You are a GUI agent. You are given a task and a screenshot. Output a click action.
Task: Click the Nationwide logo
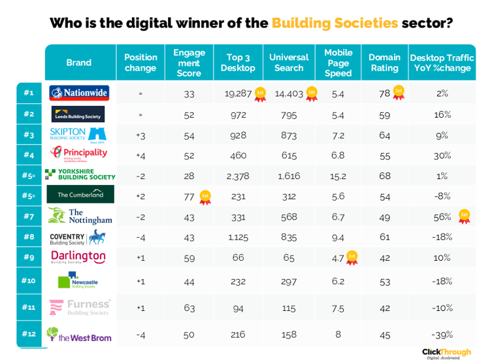[x=79, y=93]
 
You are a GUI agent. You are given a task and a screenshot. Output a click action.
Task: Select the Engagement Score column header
[x=189, y=63]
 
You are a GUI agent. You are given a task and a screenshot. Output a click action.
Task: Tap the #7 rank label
[x=29, y=216]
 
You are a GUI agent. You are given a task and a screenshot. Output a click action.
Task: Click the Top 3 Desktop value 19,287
[x=238, y=93]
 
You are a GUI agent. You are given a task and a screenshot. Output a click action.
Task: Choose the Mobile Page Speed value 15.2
[x=338, y=176]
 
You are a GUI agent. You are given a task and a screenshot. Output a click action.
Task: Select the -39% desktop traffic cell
[x=442, y=335]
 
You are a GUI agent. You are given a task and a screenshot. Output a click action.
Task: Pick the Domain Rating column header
[x=385, y=63]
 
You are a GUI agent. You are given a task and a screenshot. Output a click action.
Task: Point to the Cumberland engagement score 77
[x=188, y=195]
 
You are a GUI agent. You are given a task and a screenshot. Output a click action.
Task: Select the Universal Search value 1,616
[x=288, y=176]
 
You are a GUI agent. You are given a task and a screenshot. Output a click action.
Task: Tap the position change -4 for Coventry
[x=140, y=237]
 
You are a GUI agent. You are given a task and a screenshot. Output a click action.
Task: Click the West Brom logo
[x=79, y=335]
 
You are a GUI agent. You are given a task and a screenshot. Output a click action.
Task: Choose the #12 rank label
[x=29, y=335]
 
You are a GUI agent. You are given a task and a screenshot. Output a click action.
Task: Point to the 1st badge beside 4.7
[x=352, y=257]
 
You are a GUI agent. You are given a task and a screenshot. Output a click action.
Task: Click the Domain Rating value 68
[x=384, y=176]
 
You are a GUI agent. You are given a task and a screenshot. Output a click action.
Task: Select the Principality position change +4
[x=140, y=155]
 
